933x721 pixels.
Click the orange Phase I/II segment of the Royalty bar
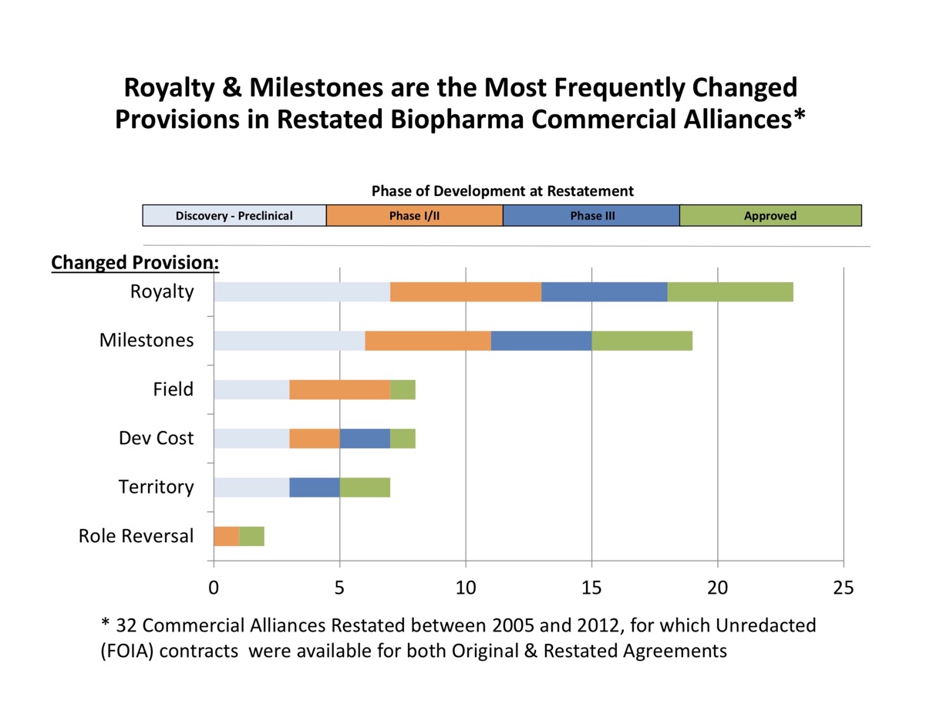click(465, 291)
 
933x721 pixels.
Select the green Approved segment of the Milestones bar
click(642, 340)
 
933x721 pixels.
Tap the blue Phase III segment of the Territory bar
click(314, 487)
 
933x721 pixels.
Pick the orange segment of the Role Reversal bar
click(226, 536)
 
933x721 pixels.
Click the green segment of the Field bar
click(403, 389)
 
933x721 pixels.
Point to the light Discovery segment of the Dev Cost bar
click(251, 438)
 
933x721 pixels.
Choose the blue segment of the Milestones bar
click(541, 340)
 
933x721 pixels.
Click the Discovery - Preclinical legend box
click(234, 215)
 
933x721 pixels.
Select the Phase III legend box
click(591, 215)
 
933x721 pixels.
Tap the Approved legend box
click(770, 215)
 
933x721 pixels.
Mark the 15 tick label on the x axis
click(591, 588)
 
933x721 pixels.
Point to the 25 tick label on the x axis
click(844, 588)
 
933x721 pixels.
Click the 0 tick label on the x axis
click(214, 588)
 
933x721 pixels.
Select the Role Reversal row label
click(136, 535)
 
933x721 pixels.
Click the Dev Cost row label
click(156, 438)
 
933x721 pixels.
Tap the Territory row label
click(156, 487)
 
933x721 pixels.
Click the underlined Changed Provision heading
click(135, 263)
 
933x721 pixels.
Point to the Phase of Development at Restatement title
click(502, 190)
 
